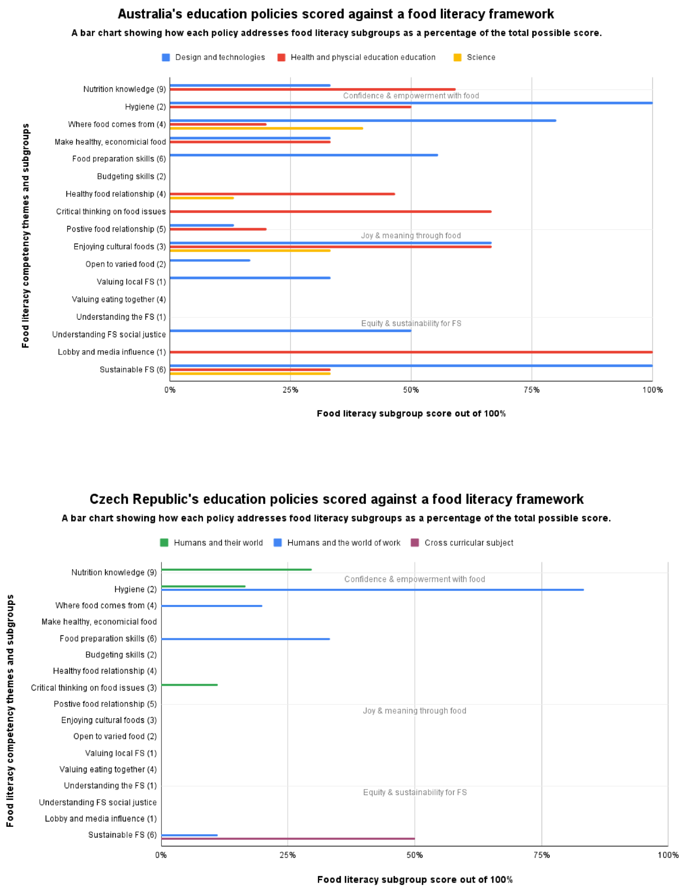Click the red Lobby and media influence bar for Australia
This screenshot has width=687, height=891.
411,352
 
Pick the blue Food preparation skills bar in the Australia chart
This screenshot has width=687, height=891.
304,155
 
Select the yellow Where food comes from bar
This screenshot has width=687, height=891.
266,128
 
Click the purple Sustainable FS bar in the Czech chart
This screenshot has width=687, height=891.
288,839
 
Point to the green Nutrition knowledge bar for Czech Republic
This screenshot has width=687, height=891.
236,570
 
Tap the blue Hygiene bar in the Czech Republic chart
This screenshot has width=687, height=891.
372,590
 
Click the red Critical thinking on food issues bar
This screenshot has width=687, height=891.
330,212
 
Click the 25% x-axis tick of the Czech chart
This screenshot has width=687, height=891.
287,855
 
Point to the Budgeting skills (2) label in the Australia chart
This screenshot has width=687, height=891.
131,177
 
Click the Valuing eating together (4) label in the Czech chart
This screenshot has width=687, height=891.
108,770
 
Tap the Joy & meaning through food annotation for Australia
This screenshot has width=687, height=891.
411,236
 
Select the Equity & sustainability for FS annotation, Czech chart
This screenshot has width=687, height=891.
415,793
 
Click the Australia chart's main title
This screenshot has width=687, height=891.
336,14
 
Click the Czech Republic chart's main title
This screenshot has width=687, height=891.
336,499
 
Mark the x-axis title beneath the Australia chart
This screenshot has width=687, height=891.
411,414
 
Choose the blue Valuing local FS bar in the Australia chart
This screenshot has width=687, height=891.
250,278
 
